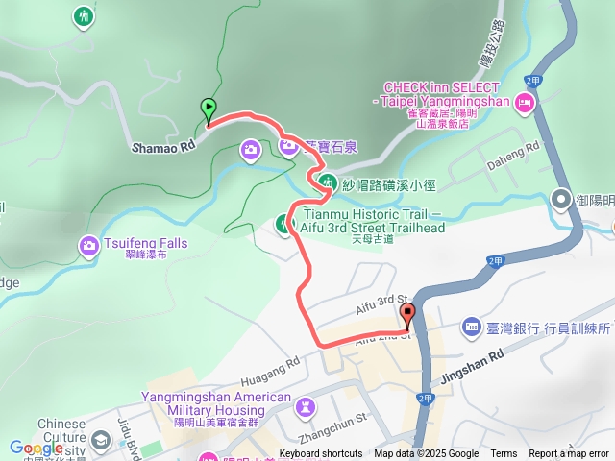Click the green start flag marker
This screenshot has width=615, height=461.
coord(209,109)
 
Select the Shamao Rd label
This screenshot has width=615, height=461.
coord(163,146)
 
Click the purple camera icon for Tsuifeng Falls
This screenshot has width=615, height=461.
coord(89,244)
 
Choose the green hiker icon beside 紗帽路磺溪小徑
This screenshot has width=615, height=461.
coord(329,181)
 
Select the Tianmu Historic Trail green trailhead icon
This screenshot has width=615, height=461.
coord(284,224)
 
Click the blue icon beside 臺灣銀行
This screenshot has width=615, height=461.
coord(471,328)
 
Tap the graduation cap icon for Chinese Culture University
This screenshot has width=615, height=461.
coord(101,440)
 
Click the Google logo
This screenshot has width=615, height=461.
coord(37,448)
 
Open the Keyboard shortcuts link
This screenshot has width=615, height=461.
coord(321,454)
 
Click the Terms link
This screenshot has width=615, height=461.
coord(504,454)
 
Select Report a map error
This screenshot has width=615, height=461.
coord(569,454)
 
